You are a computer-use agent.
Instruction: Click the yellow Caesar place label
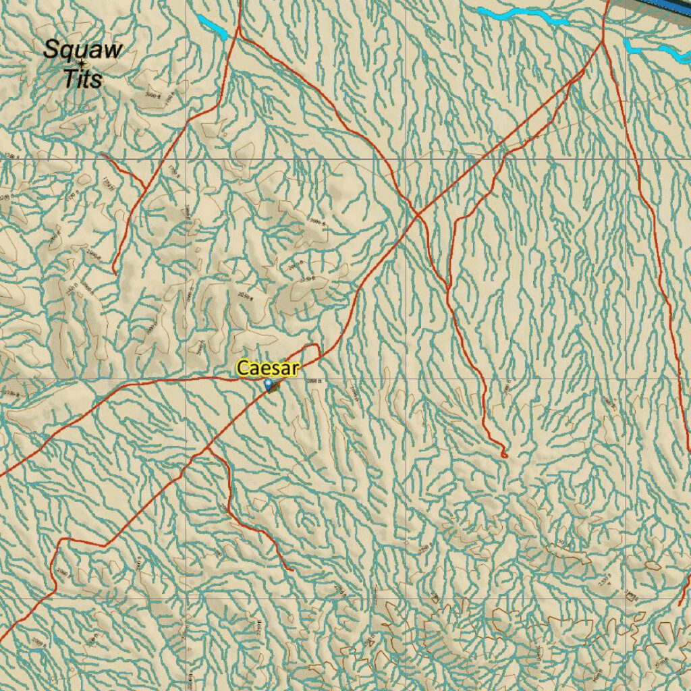click(x=267, y=368)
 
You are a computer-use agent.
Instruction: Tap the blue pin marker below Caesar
click(x=269, y=385)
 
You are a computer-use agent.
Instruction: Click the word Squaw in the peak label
click(x=83, y=49)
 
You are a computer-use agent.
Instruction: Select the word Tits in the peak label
click(x=82, y=78)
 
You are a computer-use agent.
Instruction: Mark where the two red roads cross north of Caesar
click(x=417, y=215)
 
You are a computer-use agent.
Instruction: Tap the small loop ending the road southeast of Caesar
click(x=503, y=454)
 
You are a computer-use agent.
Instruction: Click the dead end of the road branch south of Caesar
click(x=292, y=570)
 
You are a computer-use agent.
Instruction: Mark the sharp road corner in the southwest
click(x=61, y=540)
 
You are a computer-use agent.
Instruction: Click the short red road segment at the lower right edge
click(x=685, y=590)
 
